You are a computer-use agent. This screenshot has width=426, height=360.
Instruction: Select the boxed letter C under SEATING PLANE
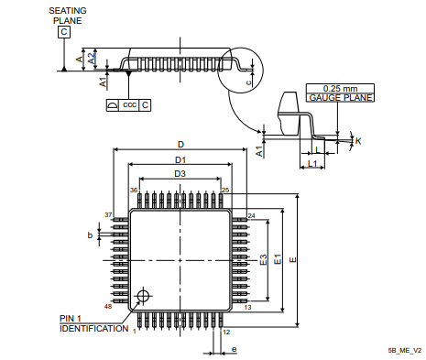coord(64,32)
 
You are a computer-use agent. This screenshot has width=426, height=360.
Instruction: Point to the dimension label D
coord(180,145)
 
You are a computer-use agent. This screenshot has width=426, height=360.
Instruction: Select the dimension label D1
coord(180,159)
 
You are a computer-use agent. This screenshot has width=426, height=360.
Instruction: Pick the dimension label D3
coord(180,173)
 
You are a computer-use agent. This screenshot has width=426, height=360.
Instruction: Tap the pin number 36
coord(134,191)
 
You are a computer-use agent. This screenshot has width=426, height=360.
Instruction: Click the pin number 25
coord(225,191)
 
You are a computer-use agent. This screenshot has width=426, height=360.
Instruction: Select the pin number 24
coord(251,215)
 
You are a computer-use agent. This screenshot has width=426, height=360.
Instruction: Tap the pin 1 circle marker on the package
coord(142,296)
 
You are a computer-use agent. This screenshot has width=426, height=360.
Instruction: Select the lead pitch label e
coord(234,349)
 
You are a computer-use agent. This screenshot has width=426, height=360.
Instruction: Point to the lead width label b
coord(90,235)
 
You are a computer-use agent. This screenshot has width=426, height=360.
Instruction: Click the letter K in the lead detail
coord(358,140)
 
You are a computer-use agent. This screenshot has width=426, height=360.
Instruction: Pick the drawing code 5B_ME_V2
coord(404,351)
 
